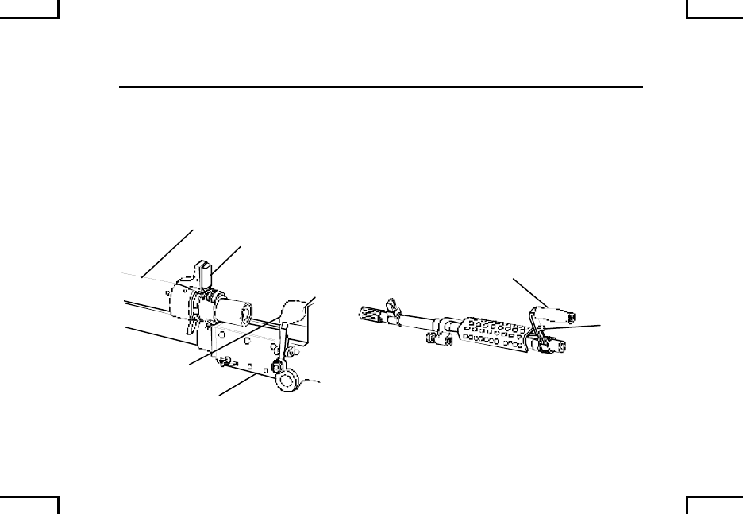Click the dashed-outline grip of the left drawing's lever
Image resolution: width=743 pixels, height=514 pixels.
pos(295,310)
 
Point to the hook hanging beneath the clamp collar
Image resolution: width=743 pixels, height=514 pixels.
pos(191,327)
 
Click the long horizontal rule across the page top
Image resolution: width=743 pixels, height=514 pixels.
pos(381,87)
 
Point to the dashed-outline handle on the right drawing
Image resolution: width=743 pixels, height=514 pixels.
pos(548,315)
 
